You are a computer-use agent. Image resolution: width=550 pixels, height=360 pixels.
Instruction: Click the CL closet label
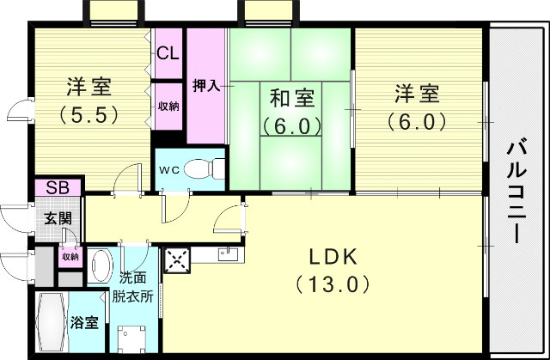168,53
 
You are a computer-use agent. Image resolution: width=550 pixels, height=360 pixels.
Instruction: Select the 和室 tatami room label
291,97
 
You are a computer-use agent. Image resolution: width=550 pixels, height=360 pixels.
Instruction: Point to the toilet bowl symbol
202,168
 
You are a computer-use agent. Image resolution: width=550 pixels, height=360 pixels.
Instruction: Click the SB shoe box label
58,187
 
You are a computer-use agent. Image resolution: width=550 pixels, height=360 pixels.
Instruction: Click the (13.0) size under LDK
334,282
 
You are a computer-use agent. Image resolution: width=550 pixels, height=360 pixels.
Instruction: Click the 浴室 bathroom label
83,323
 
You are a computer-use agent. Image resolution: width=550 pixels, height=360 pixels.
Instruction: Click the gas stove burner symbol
177,259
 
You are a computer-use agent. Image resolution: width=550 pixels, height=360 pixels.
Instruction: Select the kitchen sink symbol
227,252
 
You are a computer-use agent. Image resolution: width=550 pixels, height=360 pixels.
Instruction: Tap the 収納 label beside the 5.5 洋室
168,106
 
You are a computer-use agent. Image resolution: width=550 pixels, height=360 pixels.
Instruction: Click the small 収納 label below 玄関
69,256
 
